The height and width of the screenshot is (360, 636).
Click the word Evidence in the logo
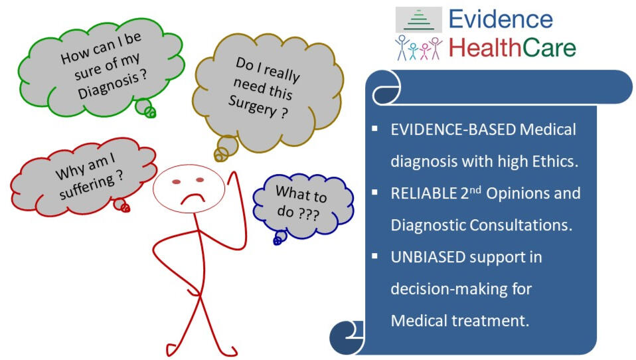point(501,19)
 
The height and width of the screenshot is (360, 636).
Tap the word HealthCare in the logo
point(512,48)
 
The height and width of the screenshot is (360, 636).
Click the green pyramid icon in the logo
point(419,19)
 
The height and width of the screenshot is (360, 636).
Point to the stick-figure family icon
point(418,48)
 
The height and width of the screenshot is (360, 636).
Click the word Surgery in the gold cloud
point(252,105)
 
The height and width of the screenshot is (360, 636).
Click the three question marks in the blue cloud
point(308,214)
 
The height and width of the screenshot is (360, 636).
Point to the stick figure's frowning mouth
point(193,199)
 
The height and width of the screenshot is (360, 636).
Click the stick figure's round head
point(189,189)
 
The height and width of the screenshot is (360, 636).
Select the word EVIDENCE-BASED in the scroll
point(453,130)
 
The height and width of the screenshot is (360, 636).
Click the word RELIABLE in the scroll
point(424,193)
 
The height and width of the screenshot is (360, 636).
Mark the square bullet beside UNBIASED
point(374,256)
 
